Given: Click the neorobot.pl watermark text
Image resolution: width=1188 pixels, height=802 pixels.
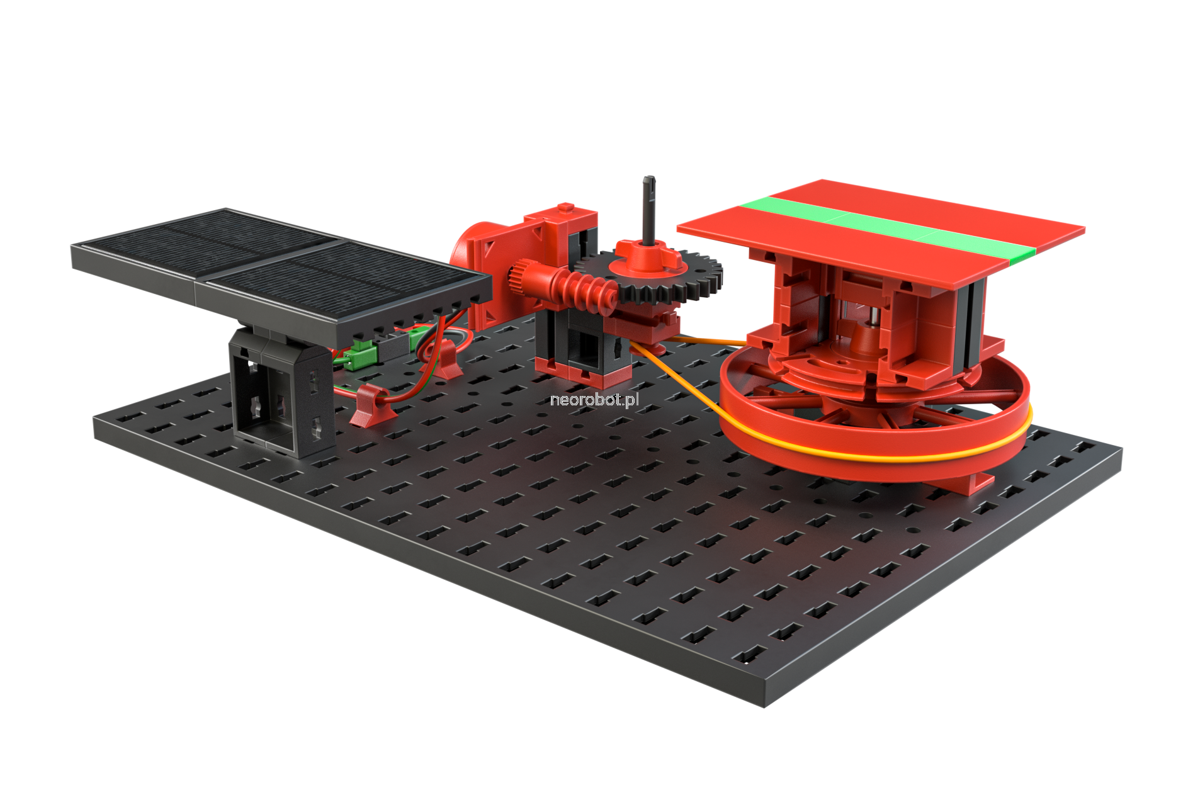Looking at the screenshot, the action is coord(594,400).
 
